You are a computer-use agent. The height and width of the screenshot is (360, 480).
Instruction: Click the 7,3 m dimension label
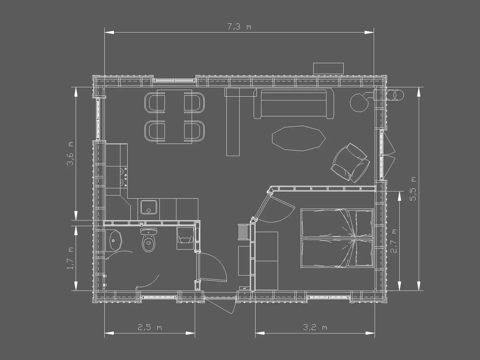(239, 27)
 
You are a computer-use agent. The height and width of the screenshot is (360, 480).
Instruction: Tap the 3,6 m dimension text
(71, 154)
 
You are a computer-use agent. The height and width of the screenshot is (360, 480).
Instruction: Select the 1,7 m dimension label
(71, 258)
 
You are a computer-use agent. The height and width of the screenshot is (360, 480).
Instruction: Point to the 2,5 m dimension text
(149, 327)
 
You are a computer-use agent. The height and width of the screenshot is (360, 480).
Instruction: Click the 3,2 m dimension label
(315, 327)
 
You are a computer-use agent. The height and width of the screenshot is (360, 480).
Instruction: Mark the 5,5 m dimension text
(413, 189)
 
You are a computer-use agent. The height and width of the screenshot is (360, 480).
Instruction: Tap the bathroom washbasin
(115, 241)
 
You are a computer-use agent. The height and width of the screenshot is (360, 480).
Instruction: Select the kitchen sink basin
(149, 207)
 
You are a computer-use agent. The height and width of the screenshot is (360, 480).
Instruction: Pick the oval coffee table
(299, 138)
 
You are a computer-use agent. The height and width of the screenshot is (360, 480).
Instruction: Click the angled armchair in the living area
(350, 163)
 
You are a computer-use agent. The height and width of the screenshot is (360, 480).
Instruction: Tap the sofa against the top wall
(294, 103)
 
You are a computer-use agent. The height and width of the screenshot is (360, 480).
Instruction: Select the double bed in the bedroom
(337, 238)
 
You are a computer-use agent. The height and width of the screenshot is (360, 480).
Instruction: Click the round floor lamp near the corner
(359, 102)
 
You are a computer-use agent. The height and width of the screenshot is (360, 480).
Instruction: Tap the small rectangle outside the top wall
(328, 68)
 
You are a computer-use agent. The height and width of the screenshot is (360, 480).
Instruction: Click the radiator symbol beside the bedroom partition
(244, 232)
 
